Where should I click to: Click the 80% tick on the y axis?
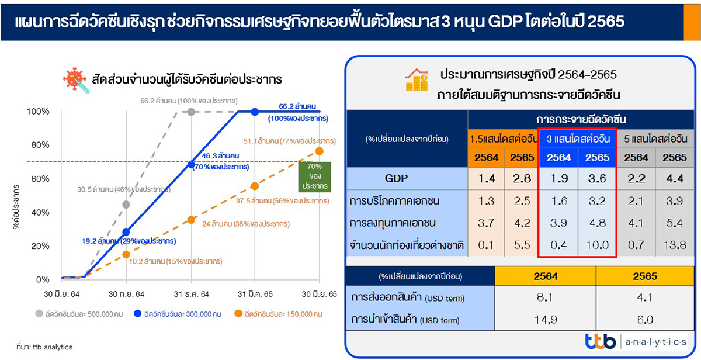coord(40,145)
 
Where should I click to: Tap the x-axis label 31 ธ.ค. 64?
coord(191,295)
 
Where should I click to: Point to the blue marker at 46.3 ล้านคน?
coord(191,164)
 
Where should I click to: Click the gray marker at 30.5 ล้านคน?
coord(126,205)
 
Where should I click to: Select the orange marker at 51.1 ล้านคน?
coord(319,151)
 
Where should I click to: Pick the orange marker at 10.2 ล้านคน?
coord(126,254)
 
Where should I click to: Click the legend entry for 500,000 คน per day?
coord(79,314)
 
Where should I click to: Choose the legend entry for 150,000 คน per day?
coord(278,314)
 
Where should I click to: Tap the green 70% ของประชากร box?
coord(314,176)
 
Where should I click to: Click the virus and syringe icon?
coord(76,81)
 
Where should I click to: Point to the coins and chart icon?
coord(417,79)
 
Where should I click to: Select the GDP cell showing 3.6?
coord(597,178)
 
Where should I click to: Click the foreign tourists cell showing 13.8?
coord(675,245)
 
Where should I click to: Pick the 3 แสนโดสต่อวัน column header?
coord(578,139)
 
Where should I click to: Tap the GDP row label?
coord(396,178)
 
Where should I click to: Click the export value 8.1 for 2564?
coord(545,297)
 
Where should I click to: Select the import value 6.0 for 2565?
coord(645,320)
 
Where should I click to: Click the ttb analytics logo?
coord(636,341)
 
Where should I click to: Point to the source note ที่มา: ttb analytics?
coord(44,347)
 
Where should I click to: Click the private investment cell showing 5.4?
coord(674,223)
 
